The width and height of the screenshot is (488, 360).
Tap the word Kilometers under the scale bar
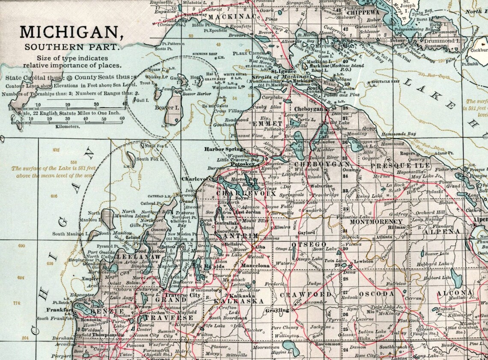click(68, 127)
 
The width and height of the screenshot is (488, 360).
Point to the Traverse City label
click(183, 295)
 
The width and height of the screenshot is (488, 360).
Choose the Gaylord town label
click(306, 233)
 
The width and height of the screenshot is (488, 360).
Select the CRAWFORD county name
click(305, 295)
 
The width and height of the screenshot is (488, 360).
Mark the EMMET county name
click(268, 124)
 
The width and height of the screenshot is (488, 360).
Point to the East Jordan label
click(248, 212)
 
